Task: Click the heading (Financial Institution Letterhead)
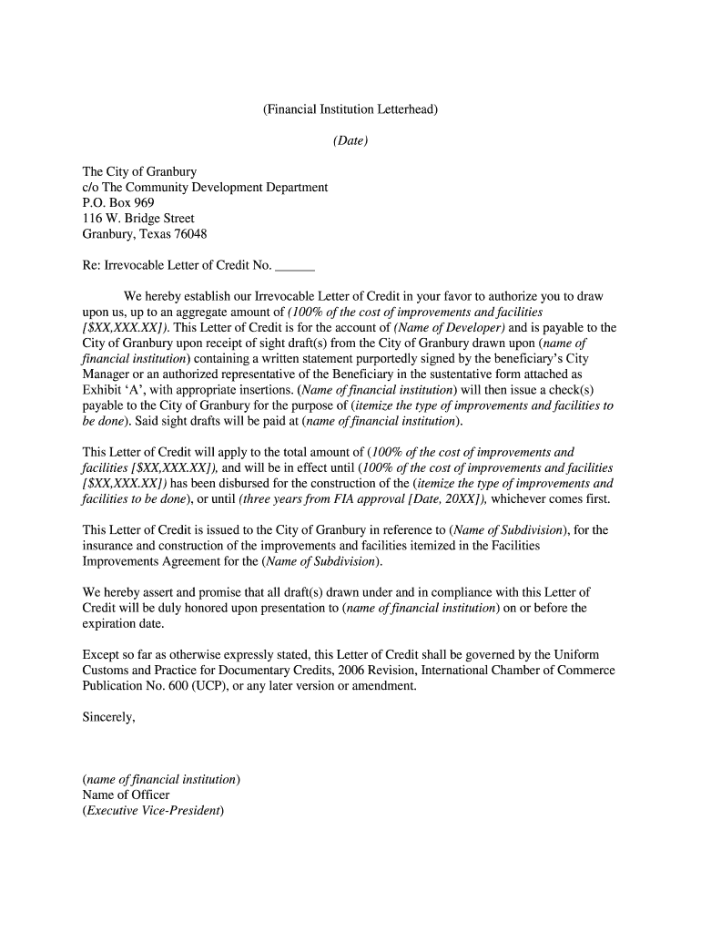350,110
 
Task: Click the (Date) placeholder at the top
350,141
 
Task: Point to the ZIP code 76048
189,234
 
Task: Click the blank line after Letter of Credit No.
294,266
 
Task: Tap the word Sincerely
109,717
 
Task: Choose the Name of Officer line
126,795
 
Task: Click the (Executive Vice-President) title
153,810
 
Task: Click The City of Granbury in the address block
139,171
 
